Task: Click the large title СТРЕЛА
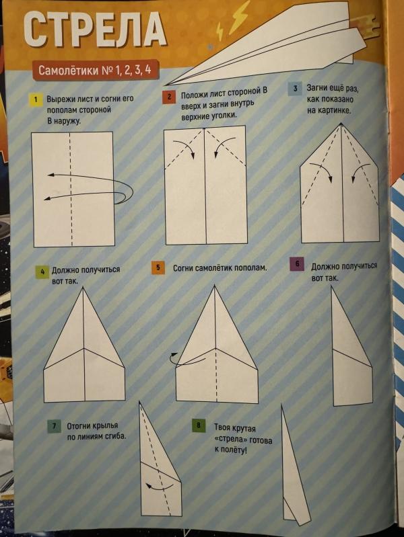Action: click(95, 29)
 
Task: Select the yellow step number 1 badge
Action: click(36, 100)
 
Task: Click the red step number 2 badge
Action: click(169, 97)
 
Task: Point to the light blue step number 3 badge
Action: click(295, 89)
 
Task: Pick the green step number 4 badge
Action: click(42, 272)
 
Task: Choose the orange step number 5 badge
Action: click(158, 267)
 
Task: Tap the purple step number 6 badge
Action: click(297, 263)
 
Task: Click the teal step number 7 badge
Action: click(54, 426)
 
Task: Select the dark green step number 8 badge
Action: click(199, 425)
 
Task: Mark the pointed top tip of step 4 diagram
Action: click(83, 288)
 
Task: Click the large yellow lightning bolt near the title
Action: click(239, 15)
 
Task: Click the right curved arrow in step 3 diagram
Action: click(360, 172)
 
